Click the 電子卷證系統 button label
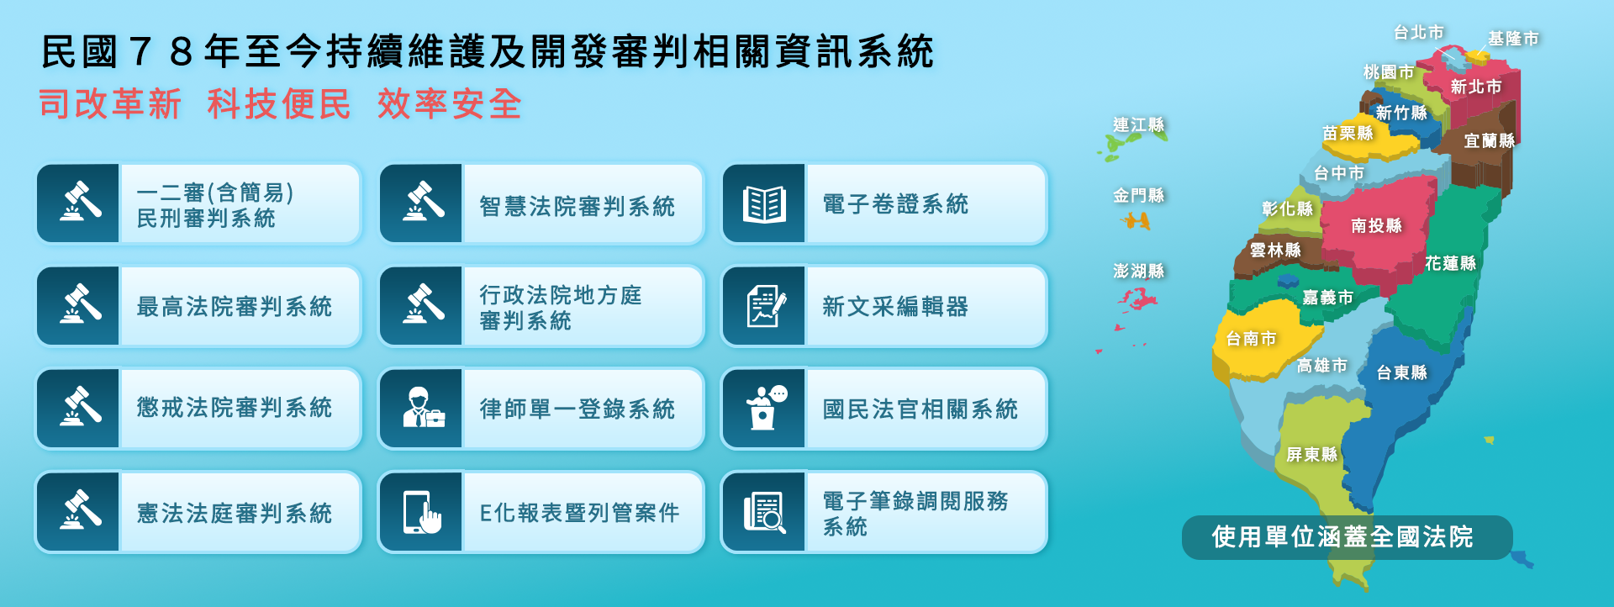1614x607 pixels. pos(895,204)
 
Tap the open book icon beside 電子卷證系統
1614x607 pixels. pos(764,204)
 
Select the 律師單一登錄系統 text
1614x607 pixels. pos(578,409)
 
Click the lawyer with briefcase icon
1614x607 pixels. pos(423,408)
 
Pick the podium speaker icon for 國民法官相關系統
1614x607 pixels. pos(766,408)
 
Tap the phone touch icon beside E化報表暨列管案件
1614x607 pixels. pos(423,512)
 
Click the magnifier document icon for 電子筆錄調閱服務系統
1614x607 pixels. pos(765,512)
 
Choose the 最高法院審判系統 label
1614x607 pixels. pos(235,307)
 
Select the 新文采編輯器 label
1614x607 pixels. pos(895,307)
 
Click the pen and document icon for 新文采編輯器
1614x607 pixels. pos(766,306)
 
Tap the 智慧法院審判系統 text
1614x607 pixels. pos(578,206)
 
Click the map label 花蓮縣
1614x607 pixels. pos(1450,263)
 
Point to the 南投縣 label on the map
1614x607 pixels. pos(1376,225)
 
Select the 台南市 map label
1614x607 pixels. pos(1251,339)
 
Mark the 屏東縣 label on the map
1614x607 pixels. pos(1311,455)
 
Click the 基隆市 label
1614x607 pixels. pos(1513,39)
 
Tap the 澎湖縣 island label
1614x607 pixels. pos(1138,271)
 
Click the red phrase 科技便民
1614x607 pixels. pos(279,104)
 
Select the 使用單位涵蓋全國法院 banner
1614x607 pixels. pos(1342,537)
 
